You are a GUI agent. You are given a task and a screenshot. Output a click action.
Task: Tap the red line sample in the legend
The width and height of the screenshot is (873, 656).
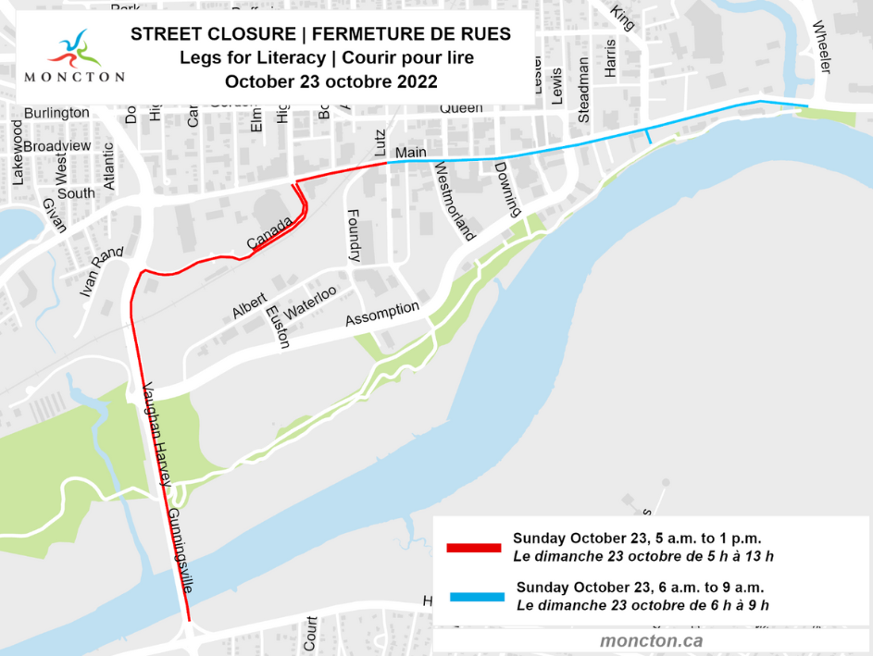click(473, 548)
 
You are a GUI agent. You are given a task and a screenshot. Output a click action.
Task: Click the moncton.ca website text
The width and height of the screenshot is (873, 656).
click(651, 640)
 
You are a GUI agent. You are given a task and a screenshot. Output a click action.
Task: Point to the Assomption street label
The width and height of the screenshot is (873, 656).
click(382, 314)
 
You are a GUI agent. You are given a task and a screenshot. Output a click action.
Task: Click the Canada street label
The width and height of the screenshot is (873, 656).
click(270, 234)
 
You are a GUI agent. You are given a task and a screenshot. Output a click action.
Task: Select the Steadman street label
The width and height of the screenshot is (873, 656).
click(583, 89)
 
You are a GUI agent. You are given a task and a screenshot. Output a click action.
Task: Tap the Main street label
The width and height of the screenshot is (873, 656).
click(408, 152)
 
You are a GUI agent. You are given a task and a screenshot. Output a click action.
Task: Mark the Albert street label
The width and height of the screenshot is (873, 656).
click(250, 306)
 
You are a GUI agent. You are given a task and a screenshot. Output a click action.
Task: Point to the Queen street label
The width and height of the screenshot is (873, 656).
click(460, 107)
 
